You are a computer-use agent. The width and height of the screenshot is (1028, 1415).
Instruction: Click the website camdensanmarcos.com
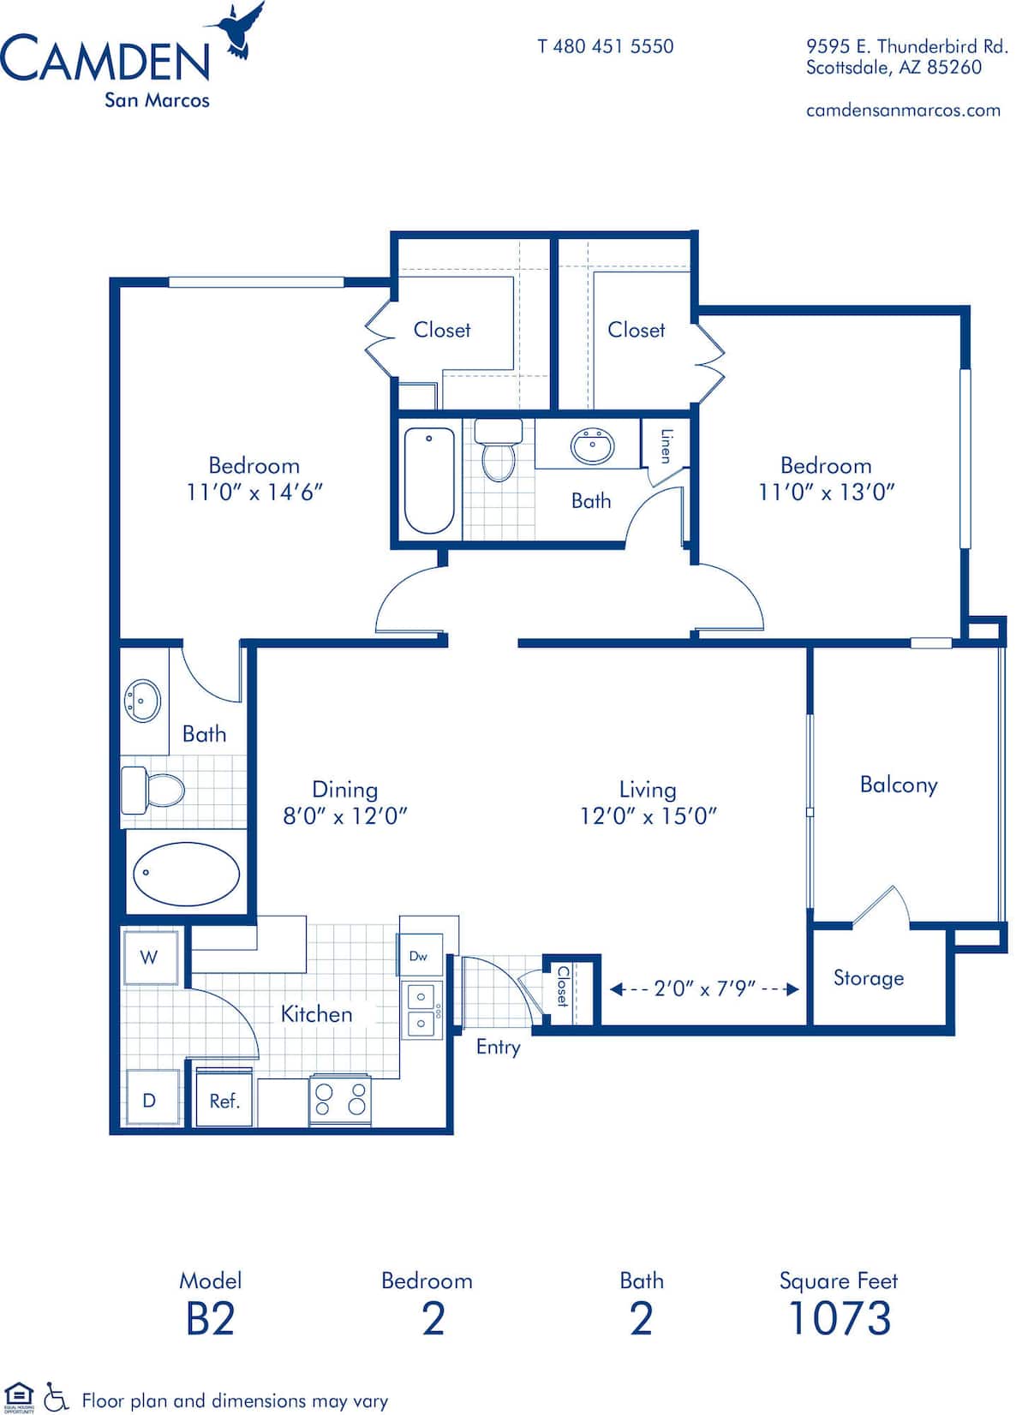[903, 110]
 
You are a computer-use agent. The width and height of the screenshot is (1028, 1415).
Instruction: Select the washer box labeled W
[150, 957]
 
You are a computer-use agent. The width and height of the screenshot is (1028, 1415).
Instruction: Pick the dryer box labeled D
[150, 1100]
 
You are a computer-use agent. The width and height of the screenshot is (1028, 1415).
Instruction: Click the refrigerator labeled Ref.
[224, 1100]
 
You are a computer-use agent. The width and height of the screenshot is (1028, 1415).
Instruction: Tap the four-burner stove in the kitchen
[340, 1099]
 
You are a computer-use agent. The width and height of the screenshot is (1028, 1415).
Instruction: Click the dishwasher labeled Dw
[419, 955]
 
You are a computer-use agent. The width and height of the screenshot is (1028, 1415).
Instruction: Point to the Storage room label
[868, 978]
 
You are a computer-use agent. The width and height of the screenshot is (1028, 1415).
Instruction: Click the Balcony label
[898, 785]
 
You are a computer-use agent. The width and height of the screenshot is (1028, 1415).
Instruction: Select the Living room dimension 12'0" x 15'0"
[648, 816]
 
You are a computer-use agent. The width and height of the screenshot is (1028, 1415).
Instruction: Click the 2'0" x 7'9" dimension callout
[704, 988]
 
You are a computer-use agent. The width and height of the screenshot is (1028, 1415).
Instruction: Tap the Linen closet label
[666, 445]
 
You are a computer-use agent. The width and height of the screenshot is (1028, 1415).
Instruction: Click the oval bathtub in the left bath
[187, 873]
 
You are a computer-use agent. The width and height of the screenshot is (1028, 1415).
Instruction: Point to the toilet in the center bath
[497, 451]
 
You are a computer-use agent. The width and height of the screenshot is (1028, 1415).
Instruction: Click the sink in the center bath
[592, 445]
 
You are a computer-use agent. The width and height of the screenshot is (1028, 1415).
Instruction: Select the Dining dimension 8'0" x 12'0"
[344, 816]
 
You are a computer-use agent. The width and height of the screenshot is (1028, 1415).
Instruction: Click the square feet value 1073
[839, 1319]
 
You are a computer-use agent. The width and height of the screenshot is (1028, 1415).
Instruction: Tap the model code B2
[211, 1319]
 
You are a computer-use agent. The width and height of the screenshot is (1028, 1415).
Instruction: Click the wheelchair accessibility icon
[56, 1397]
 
